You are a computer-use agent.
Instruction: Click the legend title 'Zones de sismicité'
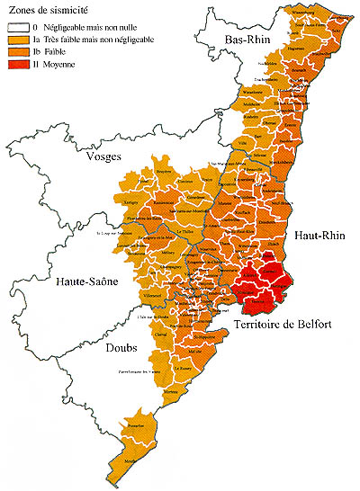pyautogui.click(x=42, y=9)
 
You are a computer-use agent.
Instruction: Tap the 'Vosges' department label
pyautogui.click(x=102, y=155)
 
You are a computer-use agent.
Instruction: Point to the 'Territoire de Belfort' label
pyautogui.click(x=288, y=324)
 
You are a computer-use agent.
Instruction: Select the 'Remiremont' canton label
pyautogui.click(x=165, y=205)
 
